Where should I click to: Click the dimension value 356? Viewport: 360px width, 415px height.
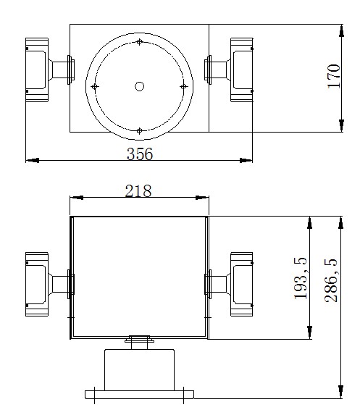click(139, 153)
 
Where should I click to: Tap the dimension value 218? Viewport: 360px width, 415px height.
click(138, 190)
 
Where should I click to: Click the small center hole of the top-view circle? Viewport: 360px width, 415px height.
click(139, 86)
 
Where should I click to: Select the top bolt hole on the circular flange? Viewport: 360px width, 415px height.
click(139, 43)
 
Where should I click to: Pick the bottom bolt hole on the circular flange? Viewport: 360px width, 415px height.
click(139, 130)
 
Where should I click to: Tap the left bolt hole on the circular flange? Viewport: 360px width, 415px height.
click(95, 87)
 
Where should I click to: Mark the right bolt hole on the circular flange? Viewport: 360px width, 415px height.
click(183, 87)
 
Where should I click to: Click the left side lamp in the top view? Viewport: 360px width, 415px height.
click(38, 70)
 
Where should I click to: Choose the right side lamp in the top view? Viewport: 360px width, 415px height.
click(241, 70)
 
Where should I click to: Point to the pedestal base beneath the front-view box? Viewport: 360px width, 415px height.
click(139, 369)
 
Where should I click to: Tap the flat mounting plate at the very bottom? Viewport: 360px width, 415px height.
click(139, 395)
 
